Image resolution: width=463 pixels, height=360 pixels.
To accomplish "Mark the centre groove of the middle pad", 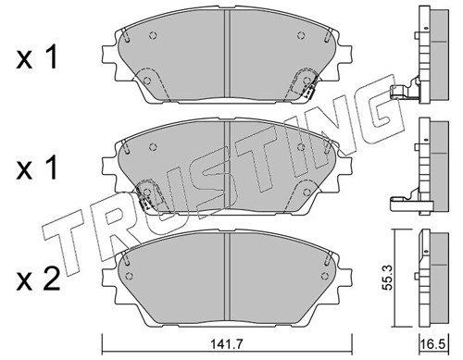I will (225, 167).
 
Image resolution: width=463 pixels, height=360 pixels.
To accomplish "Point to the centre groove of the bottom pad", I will (225, 278).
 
